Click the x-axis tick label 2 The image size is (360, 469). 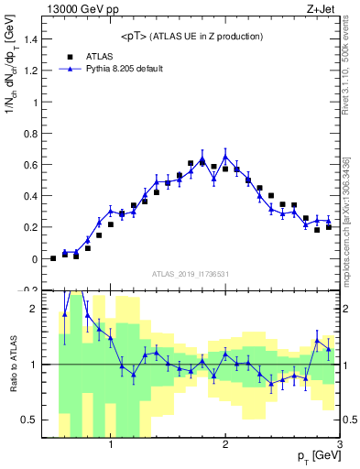[x=225, y=445]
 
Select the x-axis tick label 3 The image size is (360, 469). [x=339, y=445]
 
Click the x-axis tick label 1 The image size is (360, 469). [x=111, y=445]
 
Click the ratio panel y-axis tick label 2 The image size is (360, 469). [x=35, y=309]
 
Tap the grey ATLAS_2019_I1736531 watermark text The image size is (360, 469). [x=191, y=274]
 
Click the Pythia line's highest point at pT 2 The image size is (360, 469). [x=225, y=156]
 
